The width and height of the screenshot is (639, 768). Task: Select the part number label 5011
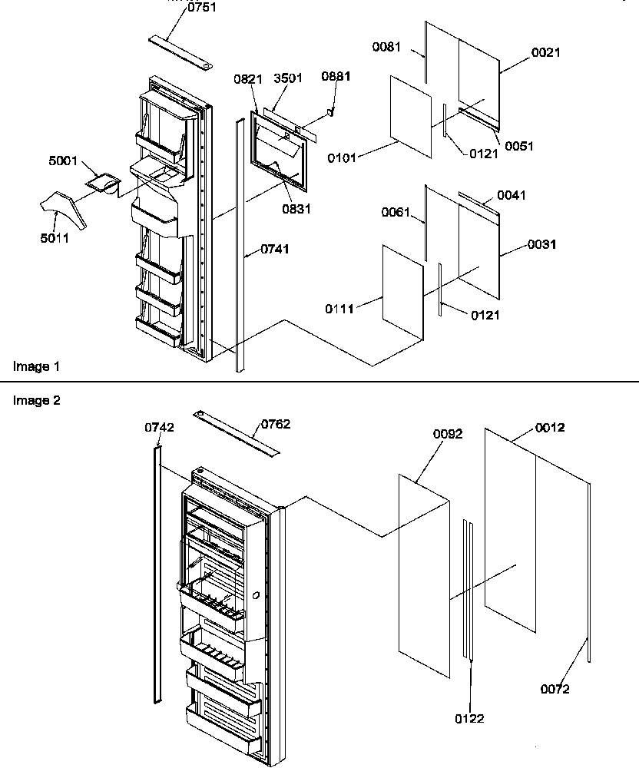[55, 238]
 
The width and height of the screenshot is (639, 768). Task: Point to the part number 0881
[336, 77]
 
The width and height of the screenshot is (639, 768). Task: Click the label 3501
[290, 78]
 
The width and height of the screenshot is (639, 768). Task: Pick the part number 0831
[296, 209]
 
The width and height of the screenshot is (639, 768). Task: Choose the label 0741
[276, 249]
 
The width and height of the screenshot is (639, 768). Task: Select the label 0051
[520, 146]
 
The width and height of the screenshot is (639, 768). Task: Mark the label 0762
[276, 424]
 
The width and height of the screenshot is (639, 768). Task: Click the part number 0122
[468, 719]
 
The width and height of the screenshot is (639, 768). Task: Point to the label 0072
[555, 689]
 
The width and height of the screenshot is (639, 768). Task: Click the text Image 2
[36, 400]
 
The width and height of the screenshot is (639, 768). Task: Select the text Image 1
[36, 366]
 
